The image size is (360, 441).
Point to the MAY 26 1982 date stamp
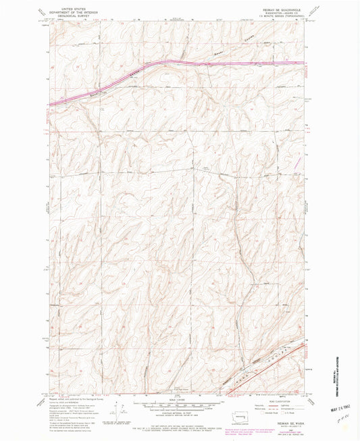coord(344,409)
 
